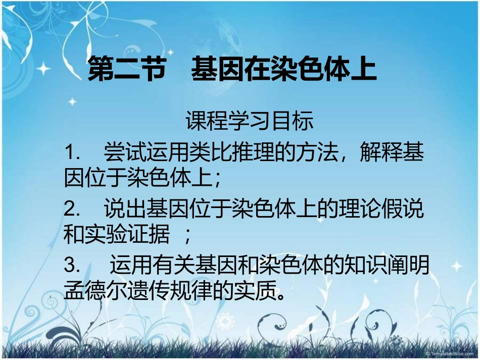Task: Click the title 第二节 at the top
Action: point(127,70)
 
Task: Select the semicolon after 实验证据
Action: point(187,233)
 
